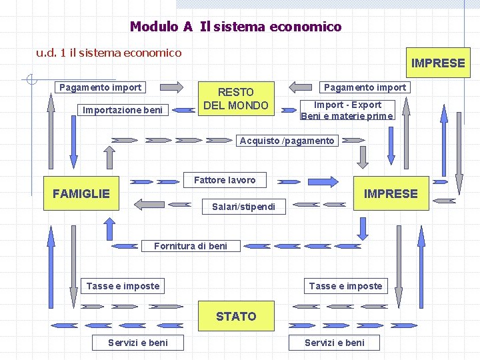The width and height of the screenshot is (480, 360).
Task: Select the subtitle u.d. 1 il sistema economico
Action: pyautogui.click(x=109, y=52)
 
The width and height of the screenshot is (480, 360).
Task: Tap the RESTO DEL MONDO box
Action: pyautogui.click(x=235, y=99)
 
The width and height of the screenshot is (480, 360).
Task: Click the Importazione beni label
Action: pyautogui.click(x=122, y=110)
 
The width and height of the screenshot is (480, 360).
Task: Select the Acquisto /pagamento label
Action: pyautogui.click(x=287, y=141)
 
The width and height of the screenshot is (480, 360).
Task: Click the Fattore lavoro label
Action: pyautogui.click(x=224, y=180)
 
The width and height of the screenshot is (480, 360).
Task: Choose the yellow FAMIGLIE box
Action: pyautogui.click(x=81, y=193)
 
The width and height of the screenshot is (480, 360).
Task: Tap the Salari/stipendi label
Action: pyautogui.click(x=243, y=207)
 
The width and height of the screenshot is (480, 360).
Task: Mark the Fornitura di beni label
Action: pyautogui.click(x=190, y=246)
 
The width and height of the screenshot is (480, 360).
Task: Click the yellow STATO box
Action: pyautogui.click(x=236, y=317)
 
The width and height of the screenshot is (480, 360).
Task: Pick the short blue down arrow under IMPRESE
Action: pyautogui.click(x=363, y=227)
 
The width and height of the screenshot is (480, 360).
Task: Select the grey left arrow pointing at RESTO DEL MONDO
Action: pyautogui.click(x=301, y=87)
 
